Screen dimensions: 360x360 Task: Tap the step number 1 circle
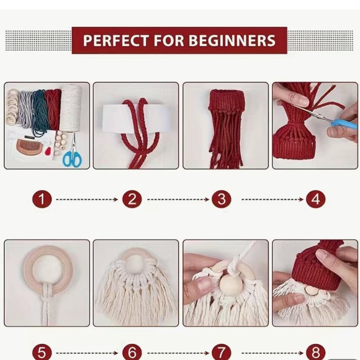pos(42,199)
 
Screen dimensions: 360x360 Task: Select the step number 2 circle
pos(132,199)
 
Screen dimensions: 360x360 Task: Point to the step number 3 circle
pos(222,199)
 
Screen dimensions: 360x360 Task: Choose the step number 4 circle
pos(315,199)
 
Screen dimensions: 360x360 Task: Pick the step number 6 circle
pos(132,352)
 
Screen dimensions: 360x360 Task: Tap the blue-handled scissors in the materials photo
pos(72,156)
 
